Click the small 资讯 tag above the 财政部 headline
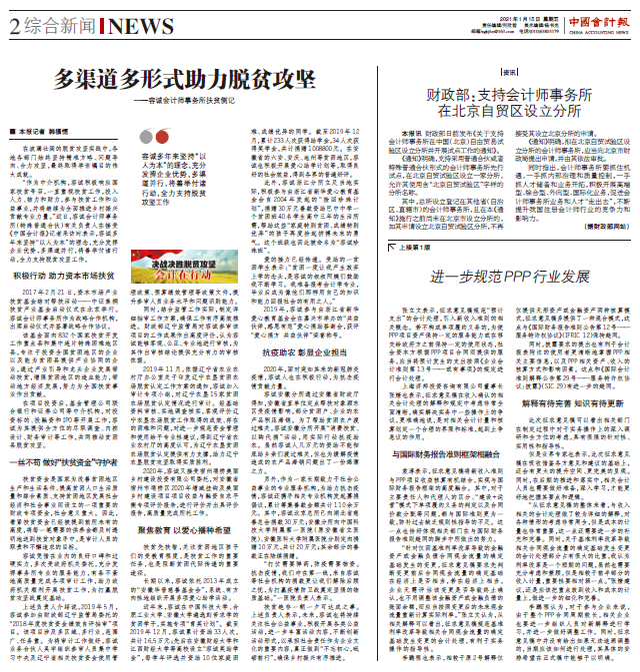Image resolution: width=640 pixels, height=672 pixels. pos(510,73)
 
